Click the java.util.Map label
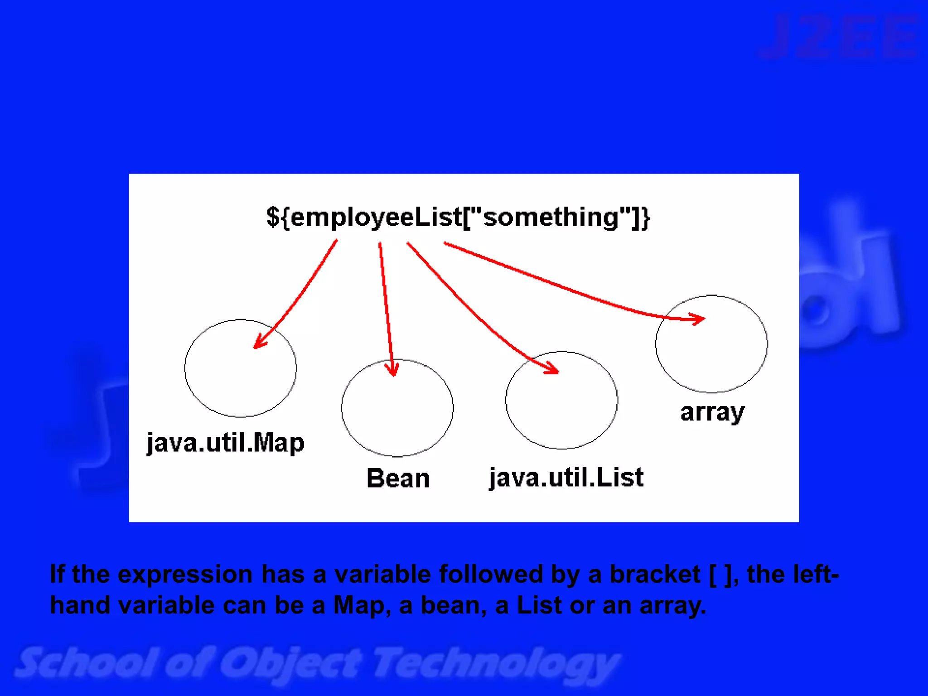coord(225,443)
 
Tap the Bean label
coord(398,478)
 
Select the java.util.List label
coord(566,478)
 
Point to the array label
coord(712,412)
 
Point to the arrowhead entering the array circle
coord(698,319)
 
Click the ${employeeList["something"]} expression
coord(458,217)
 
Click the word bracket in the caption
coord(655,575)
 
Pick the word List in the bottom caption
coord(539,605)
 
